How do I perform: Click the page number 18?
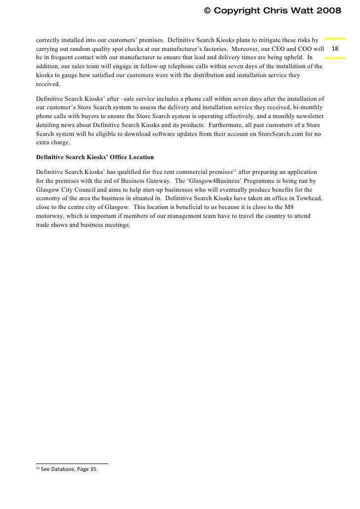pyautogui.click(x=335, y=49)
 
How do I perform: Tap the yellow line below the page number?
pyautogui.click(x=335, y=58)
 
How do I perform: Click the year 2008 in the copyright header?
pyautogui.click(x=326, y=10)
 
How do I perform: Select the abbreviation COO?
pyautogui.click(x=310, y=49)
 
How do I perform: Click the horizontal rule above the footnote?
pyautogui.click(x=72, y=463)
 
